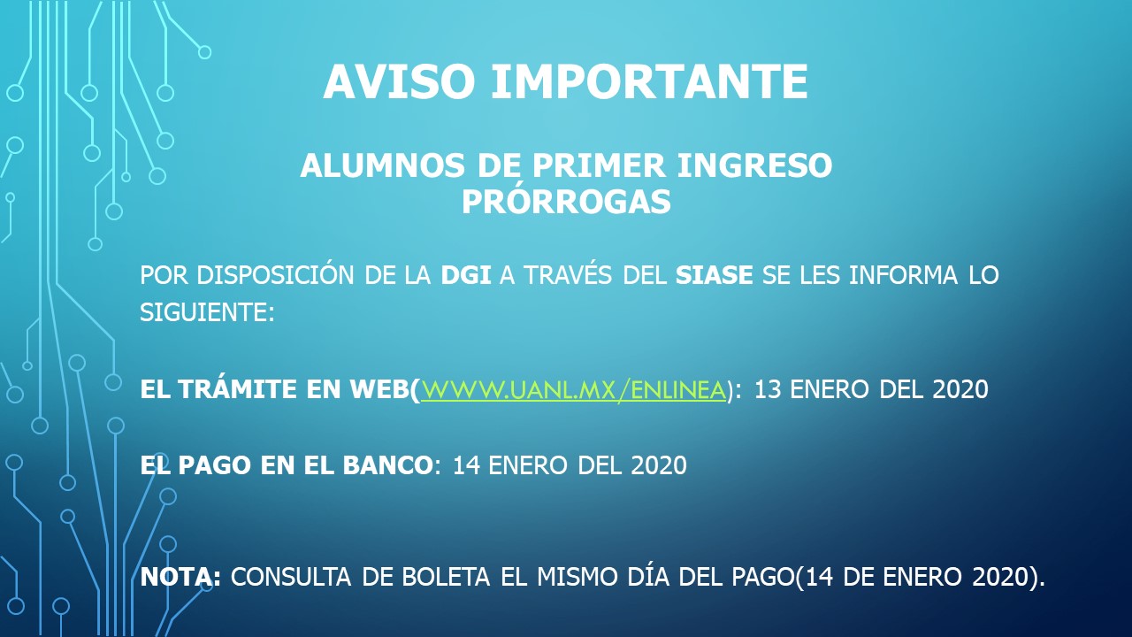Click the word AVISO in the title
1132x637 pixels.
(399, 82)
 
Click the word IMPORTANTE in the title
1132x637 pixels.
(649, 82)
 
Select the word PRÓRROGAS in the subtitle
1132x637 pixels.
(566, 201)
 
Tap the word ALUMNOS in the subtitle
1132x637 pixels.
(382, 165)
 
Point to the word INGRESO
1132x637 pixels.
(754, 165)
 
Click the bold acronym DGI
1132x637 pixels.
(466, 275)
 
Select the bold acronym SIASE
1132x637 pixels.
(714, 275)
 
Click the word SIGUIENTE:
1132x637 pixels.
(207, 312)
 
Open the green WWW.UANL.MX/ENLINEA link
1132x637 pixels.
(573, 390)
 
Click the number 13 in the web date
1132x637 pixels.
(768, 390)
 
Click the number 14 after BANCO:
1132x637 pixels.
(466, 465)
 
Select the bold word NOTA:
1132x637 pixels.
(180, 577)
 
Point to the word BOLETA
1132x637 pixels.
(446, 577)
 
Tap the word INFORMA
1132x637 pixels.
(903, 275)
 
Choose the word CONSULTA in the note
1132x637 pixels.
(291, 577)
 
